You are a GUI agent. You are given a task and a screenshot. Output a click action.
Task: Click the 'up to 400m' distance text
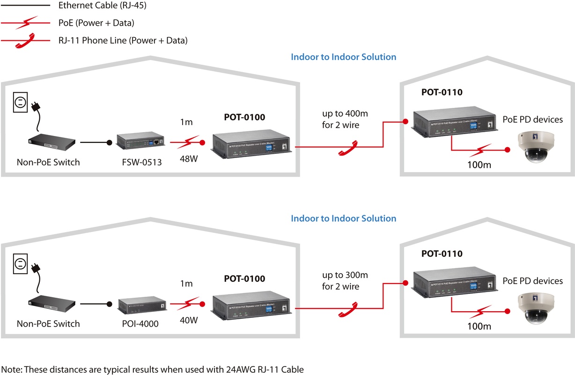[x=345, y=114]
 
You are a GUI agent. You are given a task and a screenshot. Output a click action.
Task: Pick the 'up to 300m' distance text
[x=345, y=275]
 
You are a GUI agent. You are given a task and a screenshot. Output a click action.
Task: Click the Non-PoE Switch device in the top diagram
[x=51, y=141]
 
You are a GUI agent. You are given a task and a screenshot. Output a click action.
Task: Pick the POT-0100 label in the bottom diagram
[x=244, y=278]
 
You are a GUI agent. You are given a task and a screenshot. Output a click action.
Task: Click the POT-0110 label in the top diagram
[x=442, y=92]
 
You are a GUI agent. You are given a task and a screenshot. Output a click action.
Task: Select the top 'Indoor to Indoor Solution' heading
[x=343, y=57]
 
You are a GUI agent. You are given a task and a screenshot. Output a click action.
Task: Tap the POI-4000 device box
[x=139, y=306]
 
